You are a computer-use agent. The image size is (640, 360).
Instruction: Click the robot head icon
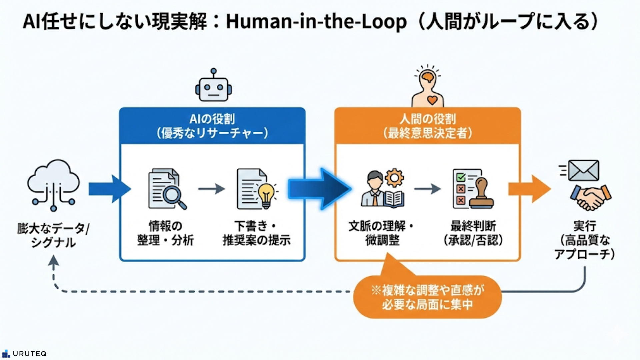pyautogui.click(x=213, y=87)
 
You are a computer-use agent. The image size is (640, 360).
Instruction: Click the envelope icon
pyautogui.click(x=583, y=170)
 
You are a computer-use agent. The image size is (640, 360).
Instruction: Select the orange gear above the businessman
pyautogui.click(x=394, y=177)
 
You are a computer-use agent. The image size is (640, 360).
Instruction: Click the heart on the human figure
pyautogui.click(x=432, y=100)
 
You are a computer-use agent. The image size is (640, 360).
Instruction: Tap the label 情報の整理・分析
pyautogui.click(x=166, y=233)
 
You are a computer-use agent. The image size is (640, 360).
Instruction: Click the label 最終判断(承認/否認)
pyautogui.click(x=473, y=233)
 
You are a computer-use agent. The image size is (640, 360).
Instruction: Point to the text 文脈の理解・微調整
pyautogui.click(x=381, y=233)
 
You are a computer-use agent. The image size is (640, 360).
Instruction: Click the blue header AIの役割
pyautogui.click(x=212, y=126)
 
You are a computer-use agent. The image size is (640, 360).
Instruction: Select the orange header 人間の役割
pyautogui.click(x=428, y=126)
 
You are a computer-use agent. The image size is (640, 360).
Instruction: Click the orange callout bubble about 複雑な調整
pyautogui.click(x=427, y=297)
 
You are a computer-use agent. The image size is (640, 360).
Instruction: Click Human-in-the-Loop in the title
pyautogui.click(x=316, y=22)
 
